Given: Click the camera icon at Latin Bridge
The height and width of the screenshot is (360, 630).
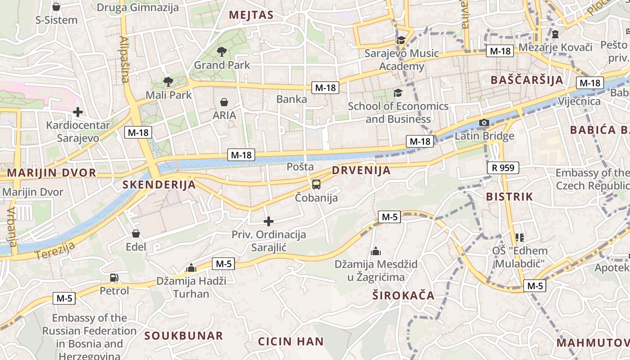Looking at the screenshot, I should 484,122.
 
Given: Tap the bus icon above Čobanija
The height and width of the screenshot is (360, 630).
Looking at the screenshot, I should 316,184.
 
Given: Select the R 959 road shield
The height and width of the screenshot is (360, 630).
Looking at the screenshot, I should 503,168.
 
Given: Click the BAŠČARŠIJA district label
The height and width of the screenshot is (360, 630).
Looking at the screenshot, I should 526,80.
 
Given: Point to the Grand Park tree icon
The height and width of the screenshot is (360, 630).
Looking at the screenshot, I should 221,52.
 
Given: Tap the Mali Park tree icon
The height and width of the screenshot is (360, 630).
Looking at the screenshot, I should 168,81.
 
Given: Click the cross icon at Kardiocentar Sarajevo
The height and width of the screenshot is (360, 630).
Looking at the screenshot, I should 78,112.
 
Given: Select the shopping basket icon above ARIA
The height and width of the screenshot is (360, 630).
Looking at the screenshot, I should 224,102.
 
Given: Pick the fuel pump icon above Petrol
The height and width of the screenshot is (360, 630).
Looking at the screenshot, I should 114,278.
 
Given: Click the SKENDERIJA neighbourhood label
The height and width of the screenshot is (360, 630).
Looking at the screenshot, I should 159,184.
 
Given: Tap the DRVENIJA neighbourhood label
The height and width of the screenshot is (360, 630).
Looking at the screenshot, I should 361,171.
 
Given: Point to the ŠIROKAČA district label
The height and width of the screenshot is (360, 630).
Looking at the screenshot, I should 404,296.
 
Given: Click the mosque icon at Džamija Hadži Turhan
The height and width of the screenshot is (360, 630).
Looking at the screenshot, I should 191,268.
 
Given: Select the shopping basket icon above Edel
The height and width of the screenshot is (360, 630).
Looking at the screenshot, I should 136,234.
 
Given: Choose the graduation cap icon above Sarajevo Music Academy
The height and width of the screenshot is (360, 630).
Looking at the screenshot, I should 401,40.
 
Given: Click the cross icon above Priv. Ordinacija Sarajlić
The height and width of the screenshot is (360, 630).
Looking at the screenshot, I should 269,221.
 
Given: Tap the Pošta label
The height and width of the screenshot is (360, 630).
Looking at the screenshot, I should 300,166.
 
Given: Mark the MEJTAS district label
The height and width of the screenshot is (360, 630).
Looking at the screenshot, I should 251,15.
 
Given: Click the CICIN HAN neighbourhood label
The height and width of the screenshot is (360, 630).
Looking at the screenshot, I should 291,342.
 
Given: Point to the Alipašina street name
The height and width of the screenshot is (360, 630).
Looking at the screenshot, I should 124,60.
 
